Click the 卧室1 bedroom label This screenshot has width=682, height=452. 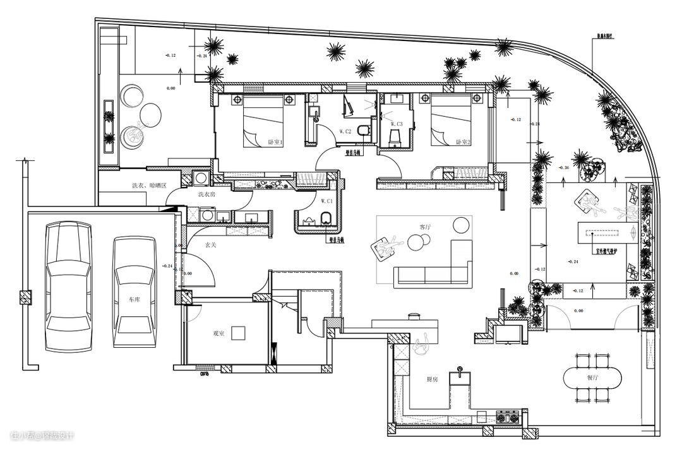(x=276, y=142)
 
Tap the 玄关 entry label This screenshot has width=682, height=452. (x=211, y=245)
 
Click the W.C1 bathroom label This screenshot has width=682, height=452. (x=326, y=201)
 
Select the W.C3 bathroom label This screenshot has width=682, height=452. (x=395, y=124)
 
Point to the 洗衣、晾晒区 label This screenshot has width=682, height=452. (x=149, y=186)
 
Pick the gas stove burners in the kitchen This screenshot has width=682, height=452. (x=509, y=416)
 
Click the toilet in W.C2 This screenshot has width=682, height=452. (x=362, y=131)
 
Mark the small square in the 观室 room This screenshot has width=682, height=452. (x=238, y=332)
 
